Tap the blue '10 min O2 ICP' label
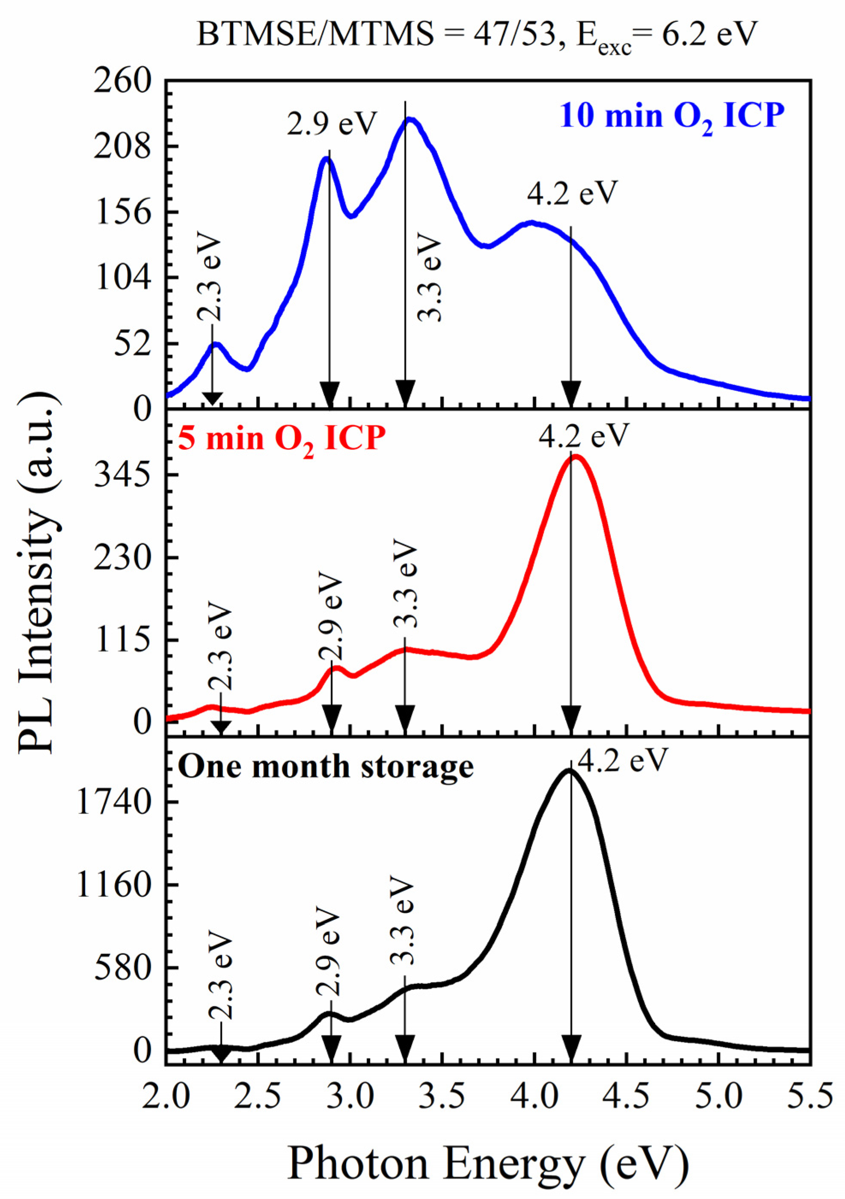[x=673, y=116]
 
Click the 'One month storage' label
[x=326, y=767]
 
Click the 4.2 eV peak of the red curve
[x=575, y=457]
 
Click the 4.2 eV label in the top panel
[x=572, y=194]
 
